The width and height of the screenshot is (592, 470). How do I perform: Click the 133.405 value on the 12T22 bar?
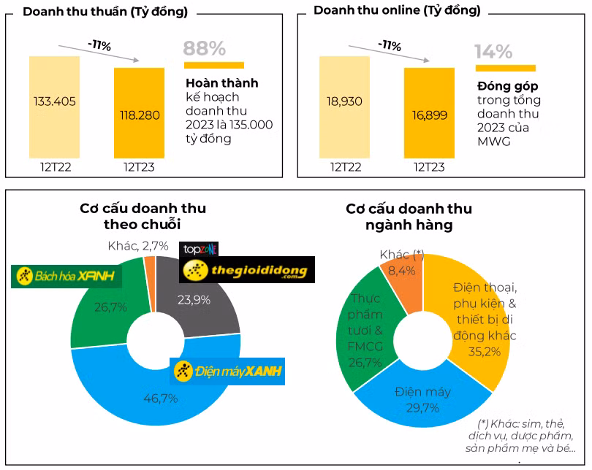pos(55,101)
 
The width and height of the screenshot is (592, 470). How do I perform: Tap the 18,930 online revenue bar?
pos(345,101)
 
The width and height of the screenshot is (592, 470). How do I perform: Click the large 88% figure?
pos(205,49)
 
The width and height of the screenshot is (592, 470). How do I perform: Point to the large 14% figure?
pos(493,51)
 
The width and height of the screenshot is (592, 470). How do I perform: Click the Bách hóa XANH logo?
pos(67,276)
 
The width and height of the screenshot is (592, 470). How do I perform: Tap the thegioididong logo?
pos(247,271)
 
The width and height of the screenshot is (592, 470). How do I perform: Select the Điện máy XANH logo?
pos(227,371)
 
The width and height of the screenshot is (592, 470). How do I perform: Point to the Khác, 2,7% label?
pos(138,246)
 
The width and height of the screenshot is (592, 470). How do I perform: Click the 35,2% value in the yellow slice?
pos(484,351)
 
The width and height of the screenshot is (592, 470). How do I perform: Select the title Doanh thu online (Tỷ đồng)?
pos(397,10)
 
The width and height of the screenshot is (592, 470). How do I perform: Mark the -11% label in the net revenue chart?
pos(99,45)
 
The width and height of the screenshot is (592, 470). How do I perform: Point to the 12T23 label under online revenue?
pos(429,167)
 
